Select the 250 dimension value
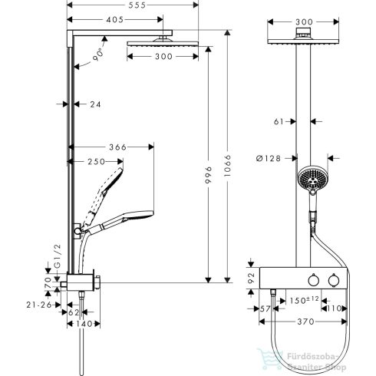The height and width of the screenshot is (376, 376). (x=94, y=162)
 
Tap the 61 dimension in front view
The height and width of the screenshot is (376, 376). (x=281, y=120)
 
